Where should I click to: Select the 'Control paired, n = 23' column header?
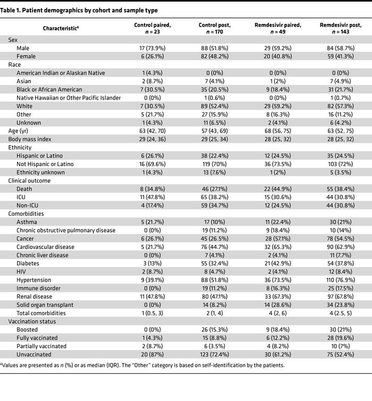(154, 28)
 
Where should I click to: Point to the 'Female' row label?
(26, 56)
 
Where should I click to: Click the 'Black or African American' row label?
(49, 89)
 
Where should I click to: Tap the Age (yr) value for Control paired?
(154, 131)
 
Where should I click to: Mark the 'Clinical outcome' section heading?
(29, 181)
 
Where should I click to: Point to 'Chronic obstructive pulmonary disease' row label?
(66, 230)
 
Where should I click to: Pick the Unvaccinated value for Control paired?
(154, 354)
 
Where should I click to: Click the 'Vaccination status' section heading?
(32, 321)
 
